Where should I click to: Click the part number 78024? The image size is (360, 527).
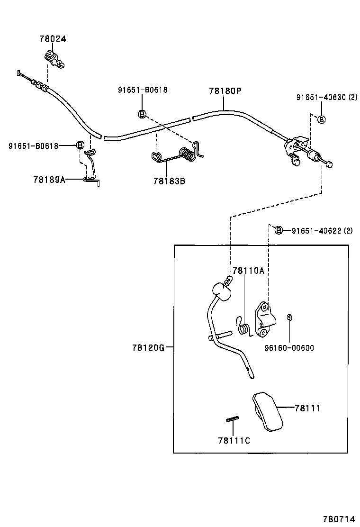(52, 39)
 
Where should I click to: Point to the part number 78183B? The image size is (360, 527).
(169, 181)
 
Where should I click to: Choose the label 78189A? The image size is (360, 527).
(49, 179)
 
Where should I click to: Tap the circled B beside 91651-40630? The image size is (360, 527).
(321, 119)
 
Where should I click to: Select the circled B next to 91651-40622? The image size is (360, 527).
(279, 230)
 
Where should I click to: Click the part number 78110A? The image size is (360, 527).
(248, 271)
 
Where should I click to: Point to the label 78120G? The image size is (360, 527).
(148, 347)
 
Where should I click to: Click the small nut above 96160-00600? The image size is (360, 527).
(289, 317)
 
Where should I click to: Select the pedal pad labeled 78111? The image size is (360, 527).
(267, 410)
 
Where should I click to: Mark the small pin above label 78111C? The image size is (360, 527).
(232, 418)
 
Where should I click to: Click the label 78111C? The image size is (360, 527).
(234, 440)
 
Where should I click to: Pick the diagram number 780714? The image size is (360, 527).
(339, 519)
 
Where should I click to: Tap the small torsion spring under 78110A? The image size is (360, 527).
(244, 327)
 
